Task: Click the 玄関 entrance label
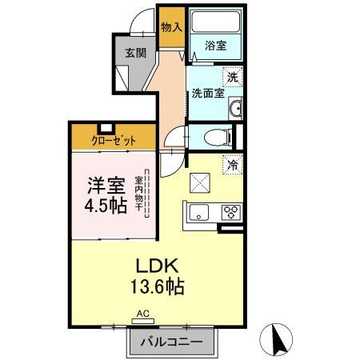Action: [135, 54]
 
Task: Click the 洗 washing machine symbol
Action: [232, 78]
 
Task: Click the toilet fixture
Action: [214, 138]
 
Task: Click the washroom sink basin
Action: [234, 110]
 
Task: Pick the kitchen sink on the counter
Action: [198, 212]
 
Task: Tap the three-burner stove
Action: [230, 212]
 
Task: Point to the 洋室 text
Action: [106, 186]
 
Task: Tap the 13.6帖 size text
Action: [155, 286]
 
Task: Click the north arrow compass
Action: [280, 339]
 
